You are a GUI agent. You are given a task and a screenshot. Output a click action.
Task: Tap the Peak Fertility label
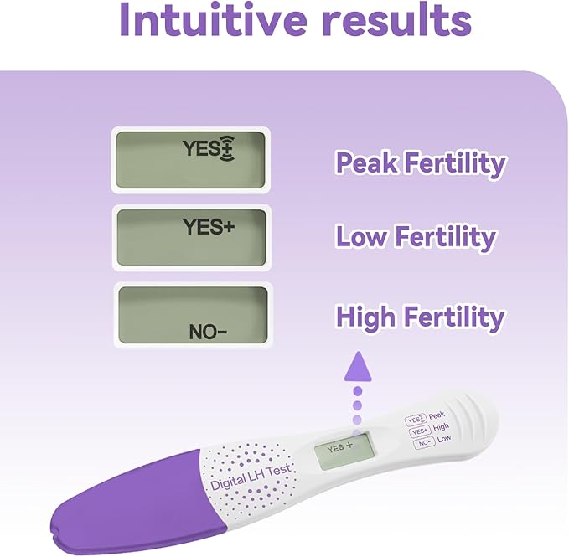pos(420,162)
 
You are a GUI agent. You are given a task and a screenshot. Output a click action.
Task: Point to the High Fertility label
pos(420,317)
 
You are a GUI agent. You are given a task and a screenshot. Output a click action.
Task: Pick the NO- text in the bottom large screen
pos(208,332)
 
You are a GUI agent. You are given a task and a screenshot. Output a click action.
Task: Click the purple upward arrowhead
pos(358,364)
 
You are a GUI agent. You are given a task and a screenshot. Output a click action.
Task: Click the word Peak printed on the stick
pos(437,415)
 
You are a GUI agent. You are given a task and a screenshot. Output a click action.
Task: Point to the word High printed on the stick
pos(441,427)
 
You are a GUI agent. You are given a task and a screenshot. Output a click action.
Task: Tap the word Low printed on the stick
pos(444,438)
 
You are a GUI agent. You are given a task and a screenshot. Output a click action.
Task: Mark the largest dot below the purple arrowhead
pos(358,390)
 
